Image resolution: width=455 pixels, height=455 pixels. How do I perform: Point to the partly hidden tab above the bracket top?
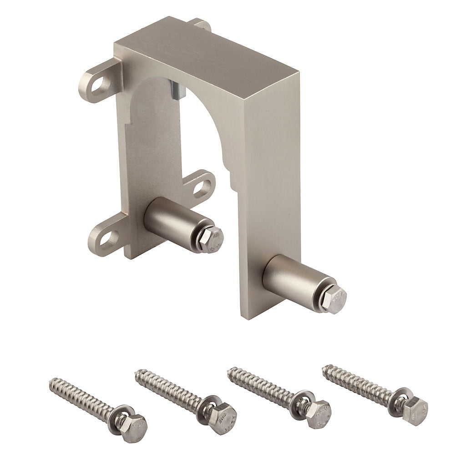click(x=201, y=24)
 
